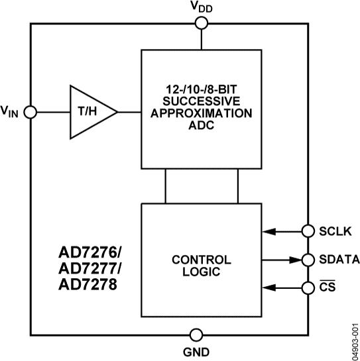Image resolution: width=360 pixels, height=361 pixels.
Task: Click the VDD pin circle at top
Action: (201, 25)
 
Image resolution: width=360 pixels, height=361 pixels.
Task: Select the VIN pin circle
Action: (30, 113)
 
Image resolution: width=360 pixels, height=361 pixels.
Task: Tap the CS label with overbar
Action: (325, 287)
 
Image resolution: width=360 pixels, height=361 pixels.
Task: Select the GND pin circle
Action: (196, 333)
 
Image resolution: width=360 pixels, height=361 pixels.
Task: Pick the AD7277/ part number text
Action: (90, 270)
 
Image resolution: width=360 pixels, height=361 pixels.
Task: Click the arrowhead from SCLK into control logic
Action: (267, 231)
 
